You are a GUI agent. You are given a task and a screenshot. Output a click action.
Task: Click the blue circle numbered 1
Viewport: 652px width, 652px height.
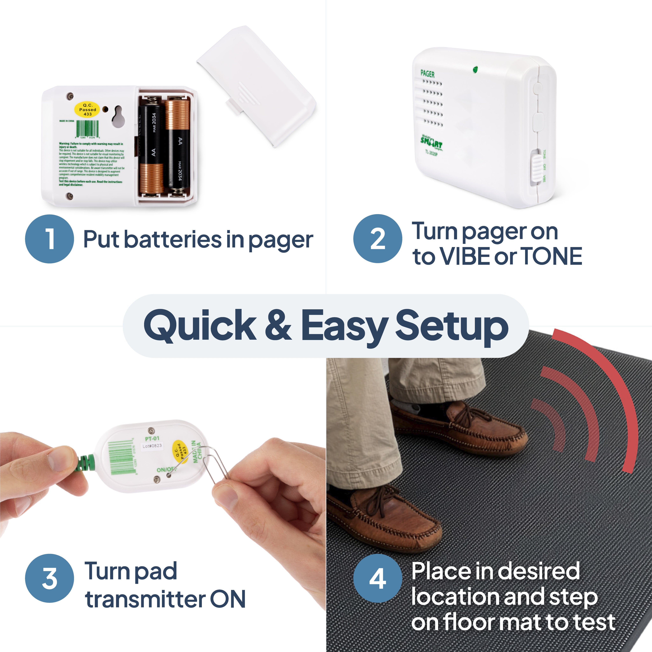49,239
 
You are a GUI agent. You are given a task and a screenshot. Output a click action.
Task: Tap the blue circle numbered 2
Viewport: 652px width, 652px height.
378,239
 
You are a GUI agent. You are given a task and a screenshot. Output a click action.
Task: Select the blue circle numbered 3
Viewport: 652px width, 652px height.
49,578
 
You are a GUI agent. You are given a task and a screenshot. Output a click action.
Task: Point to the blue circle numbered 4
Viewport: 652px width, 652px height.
378,578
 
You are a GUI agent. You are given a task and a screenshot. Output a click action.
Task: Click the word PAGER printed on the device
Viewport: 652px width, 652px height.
427,74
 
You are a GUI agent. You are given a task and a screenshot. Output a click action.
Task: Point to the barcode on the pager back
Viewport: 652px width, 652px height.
87,129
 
